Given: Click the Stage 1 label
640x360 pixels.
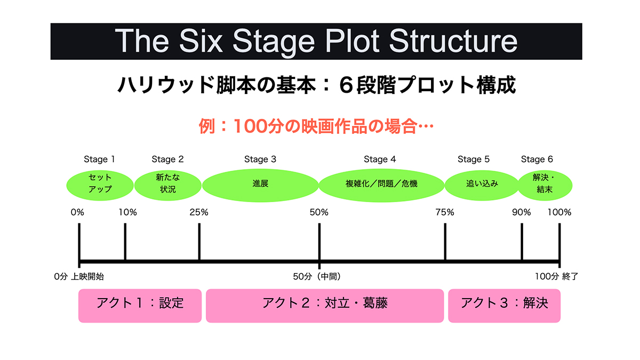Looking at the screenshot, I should [99, 159].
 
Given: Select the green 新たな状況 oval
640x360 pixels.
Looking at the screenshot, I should [167, 183].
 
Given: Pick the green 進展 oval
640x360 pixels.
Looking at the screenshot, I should [260, 183].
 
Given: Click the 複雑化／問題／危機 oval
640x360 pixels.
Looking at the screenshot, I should [381, 184].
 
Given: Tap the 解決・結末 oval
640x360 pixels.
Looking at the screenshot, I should [545, 183].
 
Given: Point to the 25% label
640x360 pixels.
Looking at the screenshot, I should [198, 212].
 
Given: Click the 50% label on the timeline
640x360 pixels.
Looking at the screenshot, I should [319, 212].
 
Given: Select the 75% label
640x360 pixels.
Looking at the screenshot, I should [445, 212].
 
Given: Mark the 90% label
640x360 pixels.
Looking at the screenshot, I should [522, 212].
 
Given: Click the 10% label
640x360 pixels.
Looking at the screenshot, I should [127, 212].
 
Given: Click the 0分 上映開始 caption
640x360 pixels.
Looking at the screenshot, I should [79, 277].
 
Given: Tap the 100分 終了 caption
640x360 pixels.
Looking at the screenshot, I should [556, 277].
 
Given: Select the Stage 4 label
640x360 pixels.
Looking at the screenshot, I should [380, 159].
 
